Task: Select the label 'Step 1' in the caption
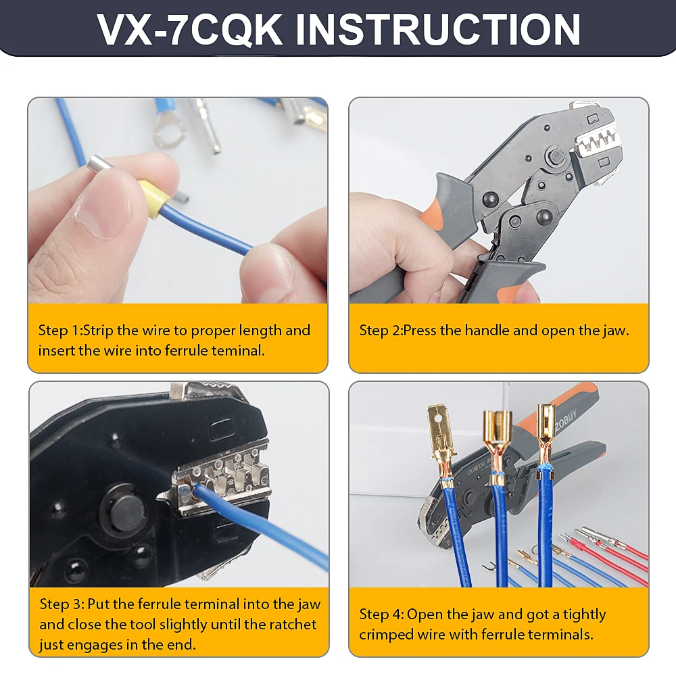59,331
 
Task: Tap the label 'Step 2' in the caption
380,331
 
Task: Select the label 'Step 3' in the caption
61,604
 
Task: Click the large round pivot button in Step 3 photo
126,515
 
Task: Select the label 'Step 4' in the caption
380,614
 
